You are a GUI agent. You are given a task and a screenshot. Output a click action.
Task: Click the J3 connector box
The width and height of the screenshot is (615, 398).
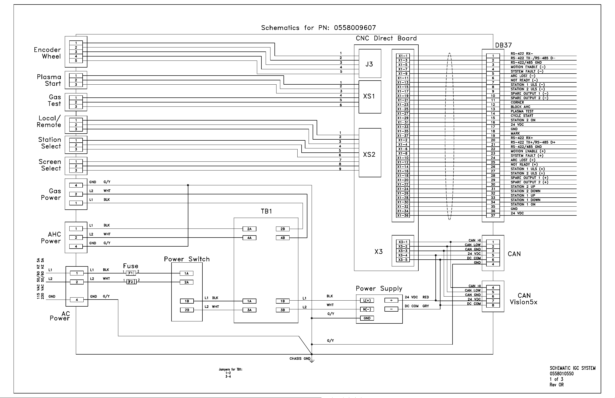[370, 64]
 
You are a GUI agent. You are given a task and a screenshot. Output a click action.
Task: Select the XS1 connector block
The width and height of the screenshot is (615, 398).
[370, 97]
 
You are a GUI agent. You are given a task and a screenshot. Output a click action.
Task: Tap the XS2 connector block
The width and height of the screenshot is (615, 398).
[370, 153]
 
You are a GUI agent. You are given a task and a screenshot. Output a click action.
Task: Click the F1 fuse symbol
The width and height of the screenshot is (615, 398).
[131, 273]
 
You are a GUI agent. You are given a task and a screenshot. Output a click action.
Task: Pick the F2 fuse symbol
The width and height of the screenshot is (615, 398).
[131, 282]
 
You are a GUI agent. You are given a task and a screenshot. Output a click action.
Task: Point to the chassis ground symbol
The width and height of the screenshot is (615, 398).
[312, 361]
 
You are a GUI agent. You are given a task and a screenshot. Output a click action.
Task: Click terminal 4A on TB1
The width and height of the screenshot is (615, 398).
[249, 238]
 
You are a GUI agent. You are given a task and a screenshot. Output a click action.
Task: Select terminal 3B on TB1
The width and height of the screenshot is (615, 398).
[283, 310]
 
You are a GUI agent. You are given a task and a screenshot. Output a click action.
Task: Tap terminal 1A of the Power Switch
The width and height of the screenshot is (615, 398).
[187, 273]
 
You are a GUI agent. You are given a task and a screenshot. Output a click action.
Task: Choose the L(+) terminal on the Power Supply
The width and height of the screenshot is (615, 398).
[367, 301]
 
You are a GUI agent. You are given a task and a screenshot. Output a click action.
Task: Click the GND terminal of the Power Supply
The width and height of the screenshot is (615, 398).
[367, 318]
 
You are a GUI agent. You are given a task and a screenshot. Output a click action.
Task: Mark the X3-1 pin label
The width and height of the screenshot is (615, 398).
[403, 242]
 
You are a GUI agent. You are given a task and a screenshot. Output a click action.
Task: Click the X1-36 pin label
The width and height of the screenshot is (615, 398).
[403, 215]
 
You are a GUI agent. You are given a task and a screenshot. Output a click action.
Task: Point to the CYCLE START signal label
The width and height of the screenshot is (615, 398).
[522, 116]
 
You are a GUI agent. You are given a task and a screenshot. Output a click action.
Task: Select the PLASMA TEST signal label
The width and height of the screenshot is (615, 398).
[522, 111]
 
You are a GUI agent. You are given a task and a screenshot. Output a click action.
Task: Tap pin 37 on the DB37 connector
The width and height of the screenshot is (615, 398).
[493, 215]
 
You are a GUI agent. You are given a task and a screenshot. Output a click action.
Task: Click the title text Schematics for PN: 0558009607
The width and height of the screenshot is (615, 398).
[318, 28]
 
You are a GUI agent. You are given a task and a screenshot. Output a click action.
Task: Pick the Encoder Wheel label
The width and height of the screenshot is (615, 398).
[47, 53]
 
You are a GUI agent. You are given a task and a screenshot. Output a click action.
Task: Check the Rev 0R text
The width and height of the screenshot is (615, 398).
[556, 385]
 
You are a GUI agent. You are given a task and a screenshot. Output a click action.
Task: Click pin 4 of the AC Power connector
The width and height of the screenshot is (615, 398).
[77, 300]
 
